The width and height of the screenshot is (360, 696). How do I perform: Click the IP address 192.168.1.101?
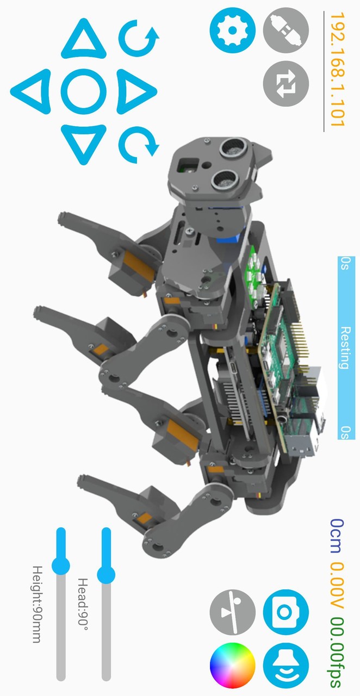pyautogui.click(x=338, y=70)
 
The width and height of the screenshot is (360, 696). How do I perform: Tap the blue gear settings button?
pyautogui.click(x=233, y=30)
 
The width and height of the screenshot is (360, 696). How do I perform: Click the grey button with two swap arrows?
pyautogui.click(x=285, y=84)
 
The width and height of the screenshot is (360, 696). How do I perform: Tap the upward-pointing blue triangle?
pyautogui.click(x=84, y=39)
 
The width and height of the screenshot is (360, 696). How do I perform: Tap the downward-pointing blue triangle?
pyautogui.click(x=84, y=144)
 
